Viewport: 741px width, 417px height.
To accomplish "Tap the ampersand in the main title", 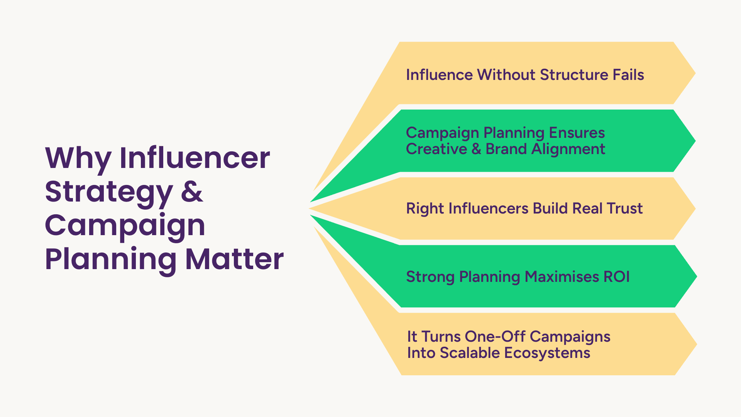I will tap(192, 192).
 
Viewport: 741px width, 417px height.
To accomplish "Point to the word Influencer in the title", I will tap(195, 158).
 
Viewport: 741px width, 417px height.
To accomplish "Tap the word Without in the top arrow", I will tap(506, 75).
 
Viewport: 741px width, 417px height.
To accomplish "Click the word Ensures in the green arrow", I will tap(577, 132).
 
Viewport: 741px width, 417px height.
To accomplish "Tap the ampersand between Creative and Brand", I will tap(476, 149).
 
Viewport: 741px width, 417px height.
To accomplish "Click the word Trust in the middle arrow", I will tap(624, 208).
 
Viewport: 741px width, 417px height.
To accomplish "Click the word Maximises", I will tap(562, 277).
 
